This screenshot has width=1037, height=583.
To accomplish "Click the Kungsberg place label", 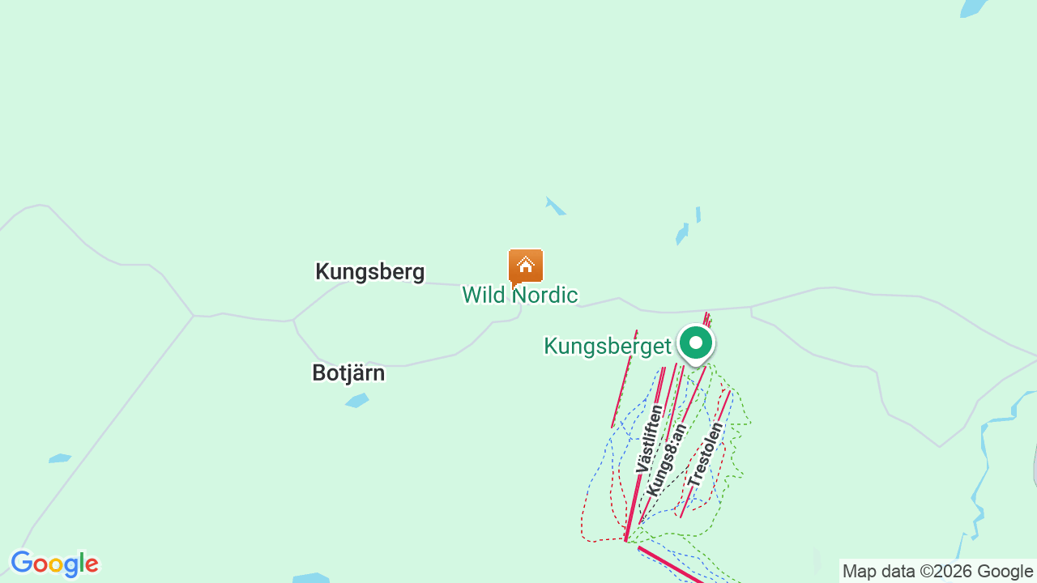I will point(369,271).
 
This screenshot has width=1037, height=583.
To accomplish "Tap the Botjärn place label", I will point(348,372).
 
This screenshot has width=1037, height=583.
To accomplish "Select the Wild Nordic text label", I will point(519,295).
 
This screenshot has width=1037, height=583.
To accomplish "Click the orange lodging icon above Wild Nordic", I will point(526,266).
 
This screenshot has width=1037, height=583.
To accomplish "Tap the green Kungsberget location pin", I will point(695,343).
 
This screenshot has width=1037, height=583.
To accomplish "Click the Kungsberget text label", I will point(607,347).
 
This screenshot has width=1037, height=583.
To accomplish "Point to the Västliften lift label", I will point(649,439).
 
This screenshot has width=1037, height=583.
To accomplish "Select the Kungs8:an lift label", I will point(667,460).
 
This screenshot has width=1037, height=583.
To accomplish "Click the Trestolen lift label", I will point(705,454).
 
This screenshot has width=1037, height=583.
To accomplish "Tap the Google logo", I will point(54,564).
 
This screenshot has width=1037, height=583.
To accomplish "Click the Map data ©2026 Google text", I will point(937,572).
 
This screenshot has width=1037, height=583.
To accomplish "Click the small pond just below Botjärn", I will point(357,400).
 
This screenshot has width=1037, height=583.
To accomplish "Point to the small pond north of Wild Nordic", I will point(555,206).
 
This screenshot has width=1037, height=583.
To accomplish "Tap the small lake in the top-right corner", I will point(973,7).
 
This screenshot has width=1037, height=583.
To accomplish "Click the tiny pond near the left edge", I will point(59,458).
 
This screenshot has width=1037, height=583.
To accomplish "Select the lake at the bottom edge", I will point(311,578).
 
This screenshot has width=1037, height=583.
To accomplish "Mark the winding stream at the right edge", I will point(983,470).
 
